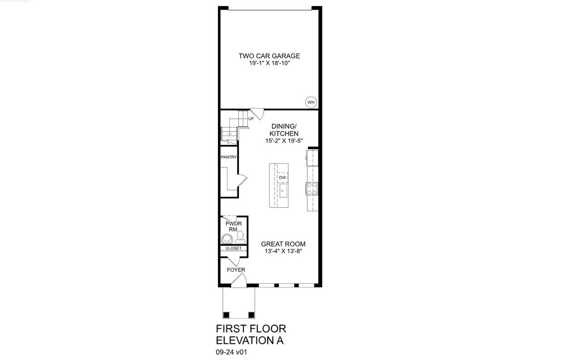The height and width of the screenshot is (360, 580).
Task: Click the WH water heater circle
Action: [x=311, y=102]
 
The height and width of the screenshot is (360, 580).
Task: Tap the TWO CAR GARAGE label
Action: [x=269, y=56]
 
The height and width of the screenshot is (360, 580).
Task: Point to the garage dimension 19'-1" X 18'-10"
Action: [x=269, y=63]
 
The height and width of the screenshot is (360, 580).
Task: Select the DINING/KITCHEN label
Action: [x=284, y=130]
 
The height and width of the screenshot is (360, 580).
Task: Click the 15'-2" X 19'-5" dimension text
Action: [x=284, y=141]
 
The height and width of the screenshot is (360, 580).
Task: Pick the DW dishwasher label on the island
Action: [x=282, y=178]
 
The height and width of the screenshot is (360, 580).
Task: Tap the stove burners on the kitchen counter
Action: [x=312, y=188]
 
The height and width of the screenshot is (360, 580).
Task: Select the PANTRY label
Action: [x=229, y=157]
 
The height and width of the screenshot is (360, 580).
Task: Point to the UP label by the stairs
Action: [x=251, y=119]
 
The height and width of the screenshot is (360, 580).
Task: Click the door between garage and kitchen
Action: [x=256, y=113]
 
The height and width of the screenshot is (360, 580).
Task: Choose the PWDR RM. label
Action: [x=234, y=227]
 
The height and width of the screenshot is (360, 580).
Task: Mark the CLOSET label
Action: [x=234, y=248]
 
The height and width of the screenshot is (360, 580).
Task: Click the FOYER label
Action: [x=236, y=270]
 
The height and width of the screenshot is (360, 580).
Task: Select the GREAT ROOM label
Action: [x=283, y=244]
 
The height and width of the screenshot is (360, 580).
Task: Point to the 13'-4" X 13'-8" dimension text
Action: [x=283, y=251]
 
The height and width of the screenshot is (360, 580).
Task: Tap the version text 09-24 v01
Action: [x=232, y=351]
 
